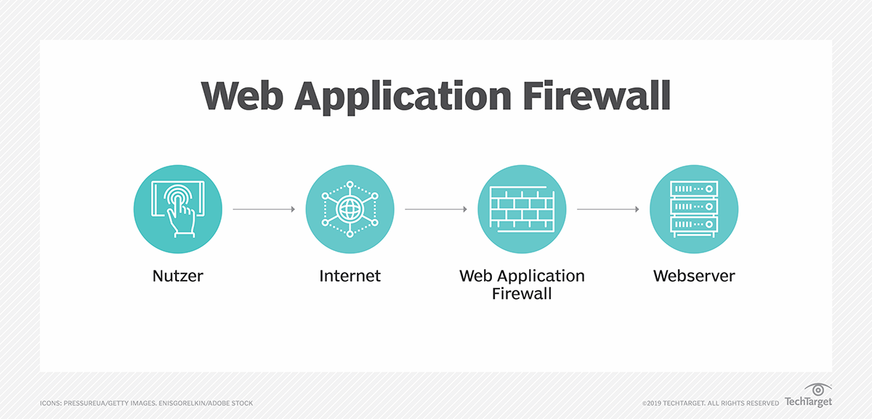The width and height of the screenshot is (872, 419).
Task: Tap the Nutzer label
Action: click(178, 276)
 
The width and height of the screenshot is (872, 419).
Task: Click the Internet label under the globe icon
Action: click(350, 276)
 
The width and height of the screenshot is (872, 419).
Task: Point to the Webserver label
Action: click(694, 276)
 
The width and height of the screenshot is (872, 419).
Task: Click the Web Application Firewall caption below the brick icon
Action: click(522, 285)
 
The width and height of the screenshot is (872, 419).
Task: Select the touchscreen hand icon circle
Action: click(178, 209)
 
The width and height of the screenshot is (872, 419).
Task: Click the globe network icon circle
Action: click(350, 209)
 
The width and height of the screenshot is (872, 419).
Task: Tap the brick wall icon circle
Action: click(522, 209)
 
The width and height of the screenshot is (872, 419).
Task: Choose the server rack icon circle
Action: click(694, 209)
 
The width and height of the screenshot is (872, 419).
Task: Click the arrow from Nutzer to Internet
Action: click(264, 209)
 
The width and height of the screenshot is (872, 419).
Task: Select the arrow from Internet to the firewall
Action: click(436, 209)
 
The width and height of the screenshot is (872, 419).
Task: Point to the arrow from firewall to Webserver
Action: click(608, 209)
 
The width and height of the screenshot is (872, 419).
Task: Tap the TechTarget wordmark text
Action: click(808, 402)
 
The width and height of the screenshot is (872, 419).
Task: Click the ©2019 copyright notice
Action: click(710, 403)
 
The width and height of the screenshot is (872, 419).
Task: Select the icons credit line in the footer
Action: click(146, 403)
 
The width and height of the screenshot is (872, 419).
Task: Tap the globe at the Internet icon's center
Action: click(350, 209)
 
